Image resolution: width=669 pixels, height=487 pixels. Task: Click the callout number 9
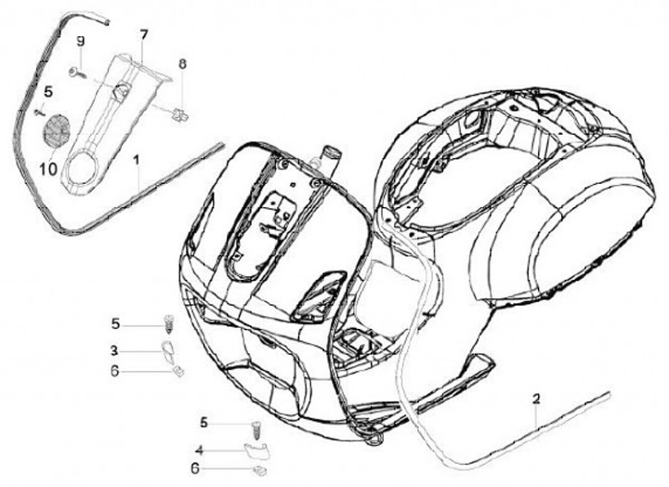(x=80, y=41)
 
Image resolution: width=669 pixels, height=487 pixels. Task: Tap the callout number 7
(x=144, y=34)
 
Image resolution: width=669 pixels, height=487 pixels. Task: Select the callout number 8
(x=182, y=63)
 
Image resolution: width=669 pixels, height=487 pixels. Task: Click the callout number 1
(x=137, y=161)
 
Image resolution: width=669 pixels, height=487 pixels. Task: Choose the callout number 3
(x=115, y=350)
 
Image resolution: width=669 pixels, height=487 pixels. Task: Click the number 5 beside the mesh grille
(x=48, y=92)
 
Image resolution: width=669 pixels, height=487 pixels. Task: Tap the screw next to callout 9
(x=74, y=71)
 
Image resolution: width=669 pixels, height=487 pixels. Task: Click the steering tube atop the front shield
(x=328, y=159)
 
